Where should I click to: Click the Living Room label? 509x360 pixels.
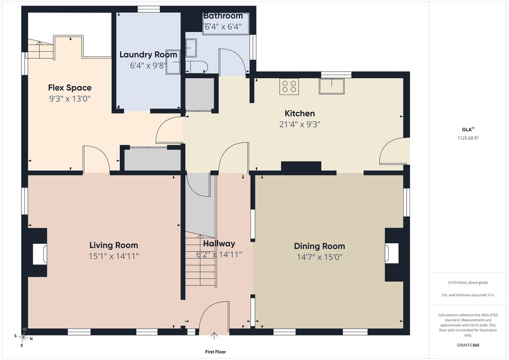pos(114,245)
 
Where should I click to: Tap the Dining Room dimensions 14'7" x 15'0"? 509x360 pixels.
pos(320,257)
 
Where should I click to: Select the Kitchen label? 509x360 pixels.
pos(300,113)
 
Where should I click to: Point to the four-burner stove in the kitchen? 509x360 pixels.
pos(289,87)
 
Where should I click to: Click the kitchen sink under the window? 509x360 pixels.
pos(332,86)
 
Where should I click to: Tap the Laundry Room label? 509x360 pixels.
pos(148,55)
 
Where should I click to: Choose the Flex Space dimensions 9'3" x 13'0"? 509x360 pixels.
pos(70,98)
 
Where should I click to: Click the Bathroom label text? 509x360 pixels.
pos(223,16)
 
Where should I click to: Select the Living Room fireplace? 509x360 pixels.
pos(38,253)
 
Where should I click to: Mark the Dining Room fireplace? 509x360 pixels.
pos(394,255)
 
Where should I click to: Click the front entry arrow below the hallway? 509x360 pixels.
pos(214,336)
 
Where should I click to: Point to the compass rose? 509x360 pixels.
pos(23,338)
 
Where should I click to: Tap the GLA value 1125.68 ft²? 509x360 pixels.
pos(468,138)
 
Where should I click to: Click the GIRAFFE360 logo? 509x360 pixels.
pos(468,345)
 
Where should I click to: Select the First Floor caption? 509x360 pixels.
pos(216,352)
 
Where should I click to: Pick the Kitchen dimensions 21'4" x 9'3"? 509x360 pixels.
pos(300,124)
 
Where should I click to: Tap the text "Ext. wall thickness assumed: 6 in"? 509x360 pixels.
pos(468,295)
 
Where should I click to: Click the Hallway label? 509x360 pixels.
pos(219,244)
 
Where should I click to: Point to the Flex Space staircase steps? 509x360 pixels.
pos(40,49)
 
